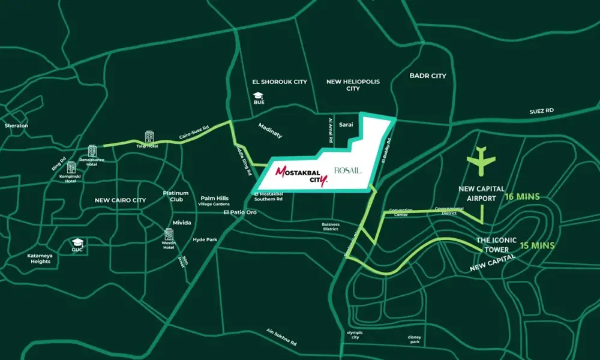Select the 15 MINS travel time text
pos(536,245)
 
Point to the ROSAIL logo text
pos(347,171)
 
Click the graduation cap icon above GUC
pos(77,242)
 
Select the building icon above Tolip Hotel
pos(149,136)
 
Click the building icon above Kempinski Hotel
pos(71,167)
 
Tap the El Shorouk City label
pos(280,82)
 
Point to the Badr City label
pos(428,76)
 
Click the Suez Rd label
pos(541,111)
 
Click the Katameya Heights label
pos(40,258)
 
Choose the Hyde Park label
pos(205,239)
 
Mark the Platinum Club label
pos(176,196)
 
